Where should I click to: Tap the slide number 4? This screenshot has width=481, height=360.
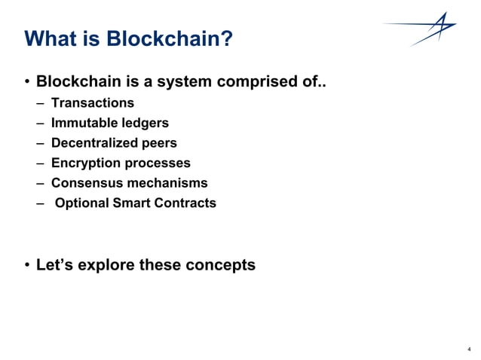[x=469, y=349]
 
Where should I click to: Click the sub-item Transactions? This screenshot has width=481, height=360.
[x=92, y=102]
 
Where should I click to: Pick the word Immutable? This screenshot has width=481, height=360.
[x=82, y=123]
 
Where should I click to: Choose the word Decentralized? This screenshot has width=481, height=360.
[x=93, y=142]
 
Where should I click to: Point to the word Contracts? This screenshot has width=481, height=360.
[x=185, y=203]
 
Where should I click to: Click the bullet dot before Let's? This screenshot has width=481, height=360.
[x=28, y=265]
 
